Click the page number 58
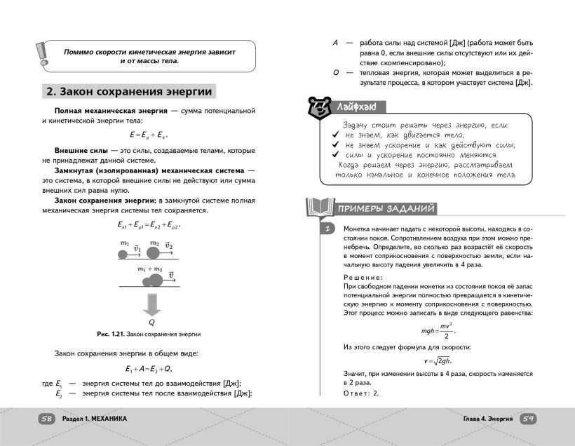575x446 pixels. pyautogui.click(x=47, y=418)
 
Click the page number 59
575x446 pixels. pyautogui.click(x=527, y=418)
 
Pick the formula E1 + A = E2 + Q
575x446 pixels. pyautogui.click(x=147, y=369)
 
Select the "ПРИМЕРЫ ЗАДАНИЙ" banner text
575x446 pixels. pyautogui.click(x=384, y=209)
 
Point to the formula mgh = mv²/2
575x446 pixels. pyautogui.click(x=438, y=330)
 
